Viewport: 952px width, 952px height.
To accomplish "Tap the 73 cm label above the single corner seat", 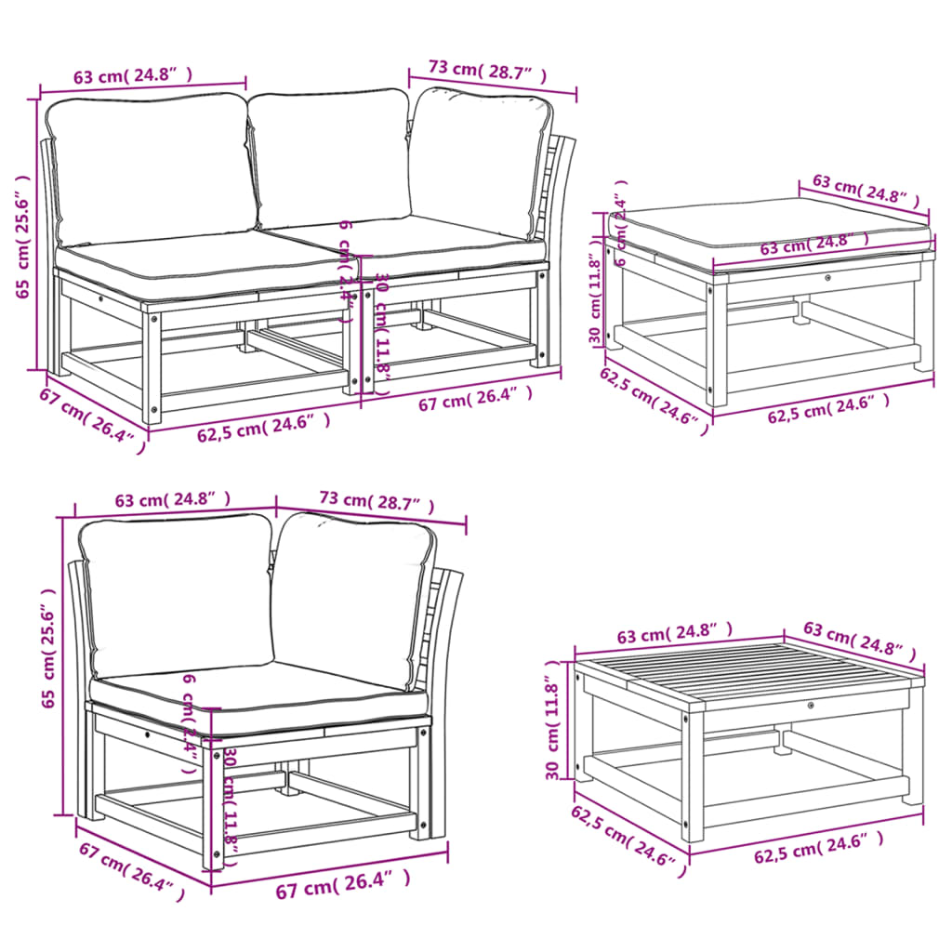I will tap(377, 502).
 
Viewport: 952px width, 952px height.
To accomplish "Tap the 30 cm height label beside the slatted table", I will tap(555, 730).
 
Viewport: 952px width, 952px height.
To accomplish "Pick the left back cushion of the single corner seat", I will tap(177, 595).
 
